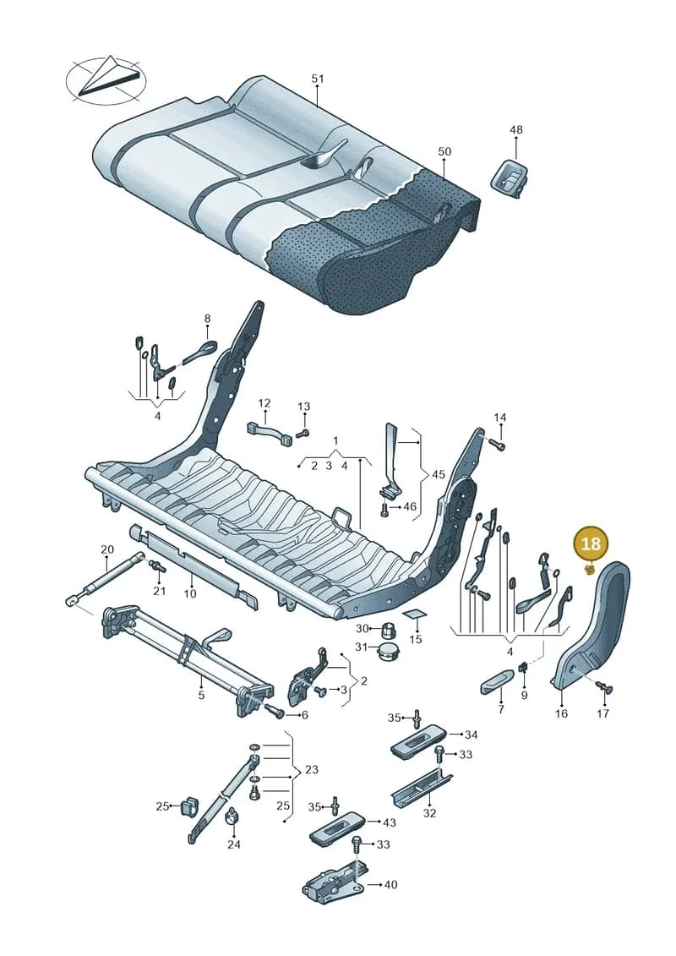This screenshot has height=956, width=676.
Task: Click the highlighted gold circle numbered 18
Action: pyautogui.click(x=591, y=544)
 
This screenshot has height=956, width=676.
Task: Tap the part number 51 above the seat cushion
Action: pyautogui.click(x=318, y=79)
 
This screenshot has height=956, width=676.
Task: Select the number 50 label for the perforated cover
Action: pyautogui.click(x=444, y=151)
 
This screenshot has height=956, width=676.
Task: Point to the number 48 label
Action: pyautogui.click(x=516, y=129)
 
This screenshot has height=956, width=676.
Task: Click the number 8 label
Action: pyautogui.click(x=207, y=319)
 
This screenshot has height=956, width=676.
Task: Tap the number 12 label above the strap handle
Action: pyautogui.click(x=264, y=403)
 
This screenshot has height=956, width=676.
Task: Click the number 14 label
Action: pyautogui.click(x=500, y=418)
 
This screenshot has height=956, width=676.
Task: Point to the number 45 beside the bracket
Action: pyautogui.click(x=439, y=475)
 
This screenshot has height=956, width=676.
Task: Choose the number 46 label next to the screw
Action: pyautogui.click(x=410, y=506)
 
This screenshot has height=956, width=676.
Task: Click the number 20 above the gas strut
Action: pyautogui.click(x=107, y=549)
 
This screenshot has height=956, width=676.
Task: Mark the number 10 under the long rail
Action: pyautogui.click(x=190, y=593)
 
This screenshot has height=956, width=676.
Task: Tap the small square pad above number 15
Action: pyautogui.click(x=415, y=616)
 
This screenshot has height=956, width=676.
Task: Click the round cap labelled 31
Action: pyautogui.click(x=388, y=651)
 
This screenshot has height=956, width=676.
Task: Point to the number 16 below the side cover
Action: pyautogui.click(x=561, y=713)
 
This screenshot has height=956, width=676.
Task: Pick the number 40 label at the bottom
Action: pyautogui.click(x=390, y=884)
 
